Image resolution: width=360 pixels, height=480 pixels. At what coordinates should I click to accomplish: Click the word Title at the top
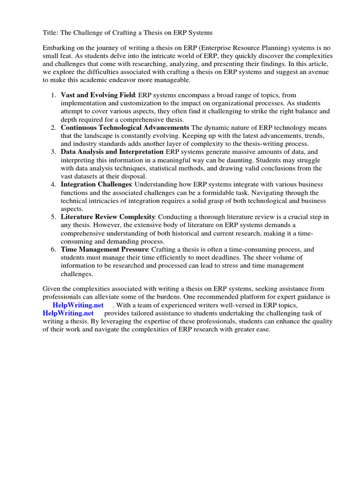(50, 33)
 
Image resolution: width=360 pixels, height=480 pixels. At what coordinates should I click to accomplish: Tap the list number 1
(53, 95)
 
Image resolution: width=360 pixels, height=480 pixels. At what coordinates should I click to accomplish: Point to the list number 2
(53, 127)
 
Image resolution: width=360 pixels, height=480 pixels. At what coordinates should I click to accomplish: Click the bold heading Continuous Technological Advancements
(125, 127)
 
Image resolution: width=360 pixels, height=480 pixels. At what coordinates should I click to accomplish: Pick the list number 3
(53, 152)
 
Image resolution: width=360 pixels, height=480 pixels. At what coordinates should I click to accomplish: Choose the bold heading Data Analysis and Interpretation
(112, 152)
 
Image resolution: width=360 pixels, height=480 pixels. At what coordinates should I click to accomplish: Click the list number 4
(53, 184)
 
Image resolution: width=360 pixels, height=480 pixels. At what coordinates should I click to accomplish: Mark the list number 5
(53, 217)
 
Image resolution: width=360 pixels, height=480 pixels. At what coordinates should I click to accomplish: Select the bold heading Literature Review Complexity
(108, 217)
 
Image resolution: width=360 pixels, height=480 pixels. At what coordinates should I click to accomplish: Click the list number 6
(53, 249)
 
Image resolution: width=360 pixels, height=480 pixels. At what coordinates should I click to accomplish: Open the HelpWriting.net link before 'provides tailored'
(68, 313)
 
